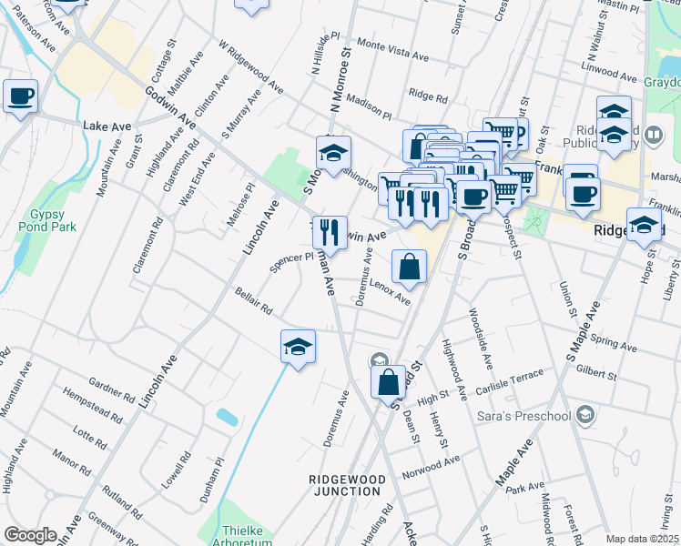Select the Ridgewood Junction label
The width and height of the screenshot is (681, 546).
pos(345,484)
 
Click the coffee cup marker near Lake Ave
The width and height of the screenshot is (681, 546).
pos(21,96)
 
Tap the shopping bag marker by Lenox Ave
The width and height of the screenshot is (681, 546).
pos(410,267)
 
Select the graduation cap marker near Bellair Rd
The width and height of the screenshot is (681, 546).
pos(298,346)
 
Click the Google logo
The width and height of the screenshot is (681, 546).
pos(30,535)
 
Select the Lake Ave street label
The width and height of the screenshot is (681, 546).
pos(102,125)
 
